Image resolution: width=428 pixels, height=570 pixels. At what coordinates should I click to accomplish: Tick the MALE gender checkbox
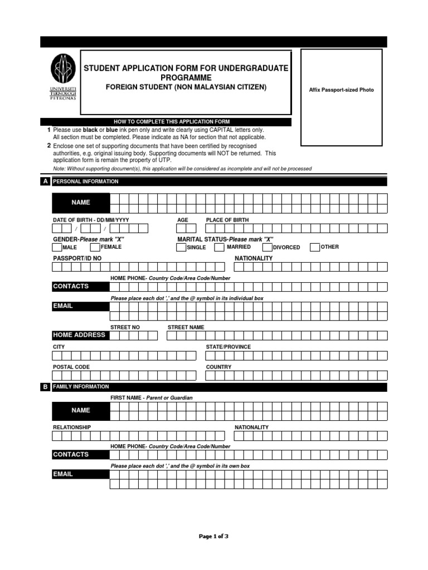tap(57, 247)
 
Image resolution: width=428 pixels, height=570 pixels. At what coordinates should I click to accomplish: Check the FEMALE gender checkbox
tap(95, 247)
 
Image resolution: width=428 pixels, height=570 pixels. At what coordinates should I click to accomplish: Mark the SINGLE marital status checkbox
tap(181, 247)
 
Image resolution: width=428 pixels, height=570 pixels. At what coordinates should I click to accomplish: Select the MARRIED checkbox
tap(220, 247)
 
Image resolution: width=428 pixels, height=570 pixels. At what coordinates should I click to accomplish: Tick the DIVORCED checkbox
tap(267, 247)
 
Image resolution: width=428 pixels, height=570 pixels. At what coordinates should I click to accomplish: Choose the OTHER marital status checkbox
tap(315, 247)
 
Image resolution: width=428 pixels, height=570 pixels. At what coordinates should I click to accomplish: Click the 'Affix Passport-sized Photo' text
tap(342, 90)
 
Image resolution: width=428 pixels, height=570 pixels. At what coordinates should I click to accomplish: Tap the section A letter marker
tap(45, 181)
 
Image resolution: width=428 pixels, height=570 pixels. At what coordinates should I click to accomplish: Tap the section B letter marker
tap(45, 387)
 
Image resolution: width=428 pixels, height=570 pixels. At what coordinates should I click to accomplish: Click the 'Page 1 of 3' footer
tap(213, 537)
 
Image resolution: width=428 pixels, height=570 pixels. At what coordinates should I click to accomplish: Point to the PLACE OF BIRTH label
tap(227, 220)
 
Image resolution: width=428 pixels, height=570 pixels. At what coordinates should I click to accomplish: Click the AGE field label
tap(183, 220)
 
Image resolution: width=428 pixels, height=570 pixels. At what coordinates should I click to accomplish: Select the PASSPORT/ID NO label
tap(77, 258)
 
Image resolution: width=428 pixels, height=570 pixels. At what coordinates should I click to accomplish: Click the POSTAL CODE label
tap(71, 367)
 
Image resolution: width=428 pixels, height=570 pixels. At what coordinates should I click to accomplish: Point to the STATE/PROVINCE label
tap(228, 347)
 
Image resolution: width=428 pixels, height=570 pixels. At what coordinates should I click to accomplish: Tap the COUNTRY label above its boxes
tap(218, 367)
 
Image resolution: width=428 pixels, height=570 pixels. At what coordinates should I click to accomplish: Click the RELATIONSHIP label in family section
tap(72, 427)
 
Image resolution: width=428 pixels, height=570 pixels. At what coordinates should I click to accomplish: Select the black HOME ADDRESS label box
tap(79, 335)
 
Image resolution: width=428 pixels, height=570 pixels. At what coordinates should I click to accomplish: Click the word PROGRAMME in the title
tap(186, 78)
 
